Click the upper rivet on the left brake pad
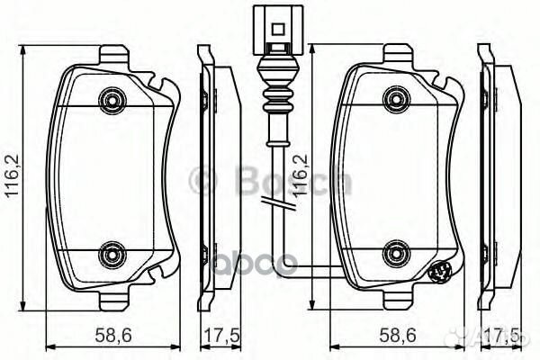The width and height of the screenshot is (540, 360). [x=112, y=96]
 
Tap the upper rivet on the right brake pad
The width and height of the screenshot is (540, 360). [x=393, y=96]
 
